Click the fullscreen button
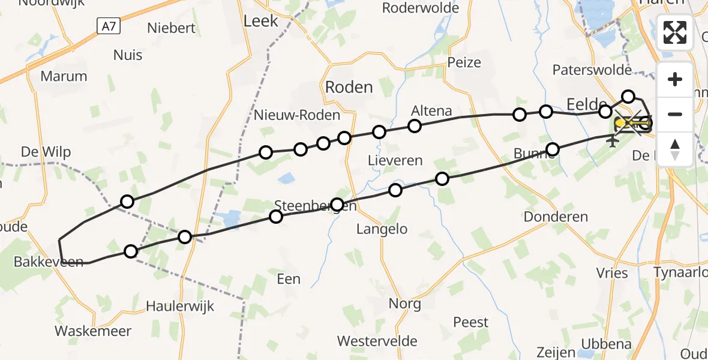[x=675, y=32]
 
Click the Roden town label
[x=349, y=87]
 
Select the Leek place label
[x=261, y=21]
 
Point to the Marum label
[x=64, y=76]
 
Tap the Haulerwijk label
[x=180, y=306]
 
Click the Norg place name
[x=405, y=303]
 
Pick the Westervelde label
[x=377, y=341]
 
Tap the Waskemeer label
[x=93, y=331]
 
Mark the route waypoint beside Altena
[x=415, y=126]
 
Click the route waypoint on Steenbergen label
[x=337, y=205]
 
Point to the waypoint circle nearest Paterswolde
[x=628, y=97]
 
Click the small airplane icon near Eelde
[x=613, y=142]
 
